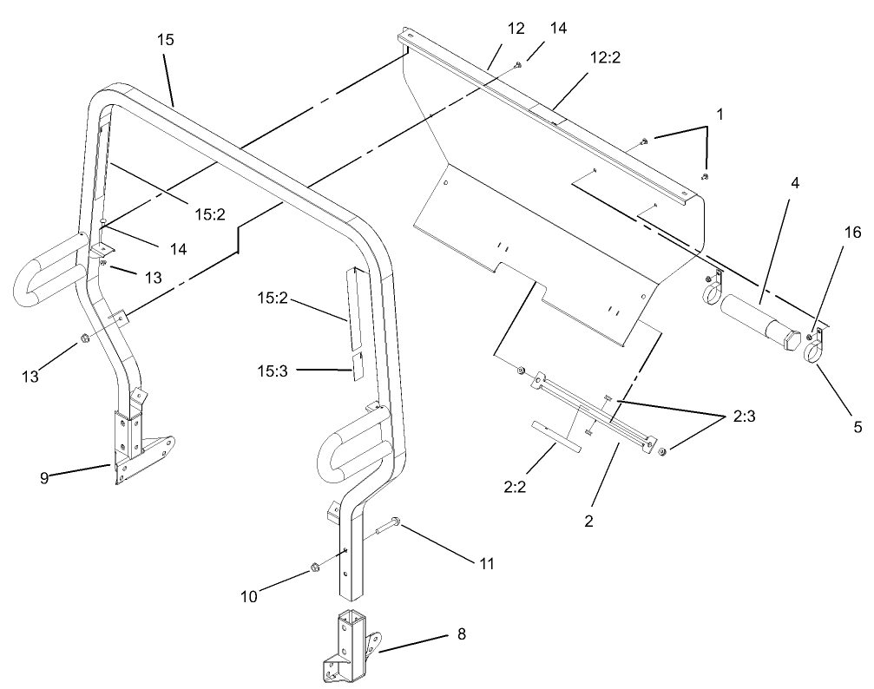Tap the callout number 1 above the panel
coord(719,113)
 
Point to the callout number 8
coord(462,634)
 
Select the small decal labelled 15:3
coord(357,364)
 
